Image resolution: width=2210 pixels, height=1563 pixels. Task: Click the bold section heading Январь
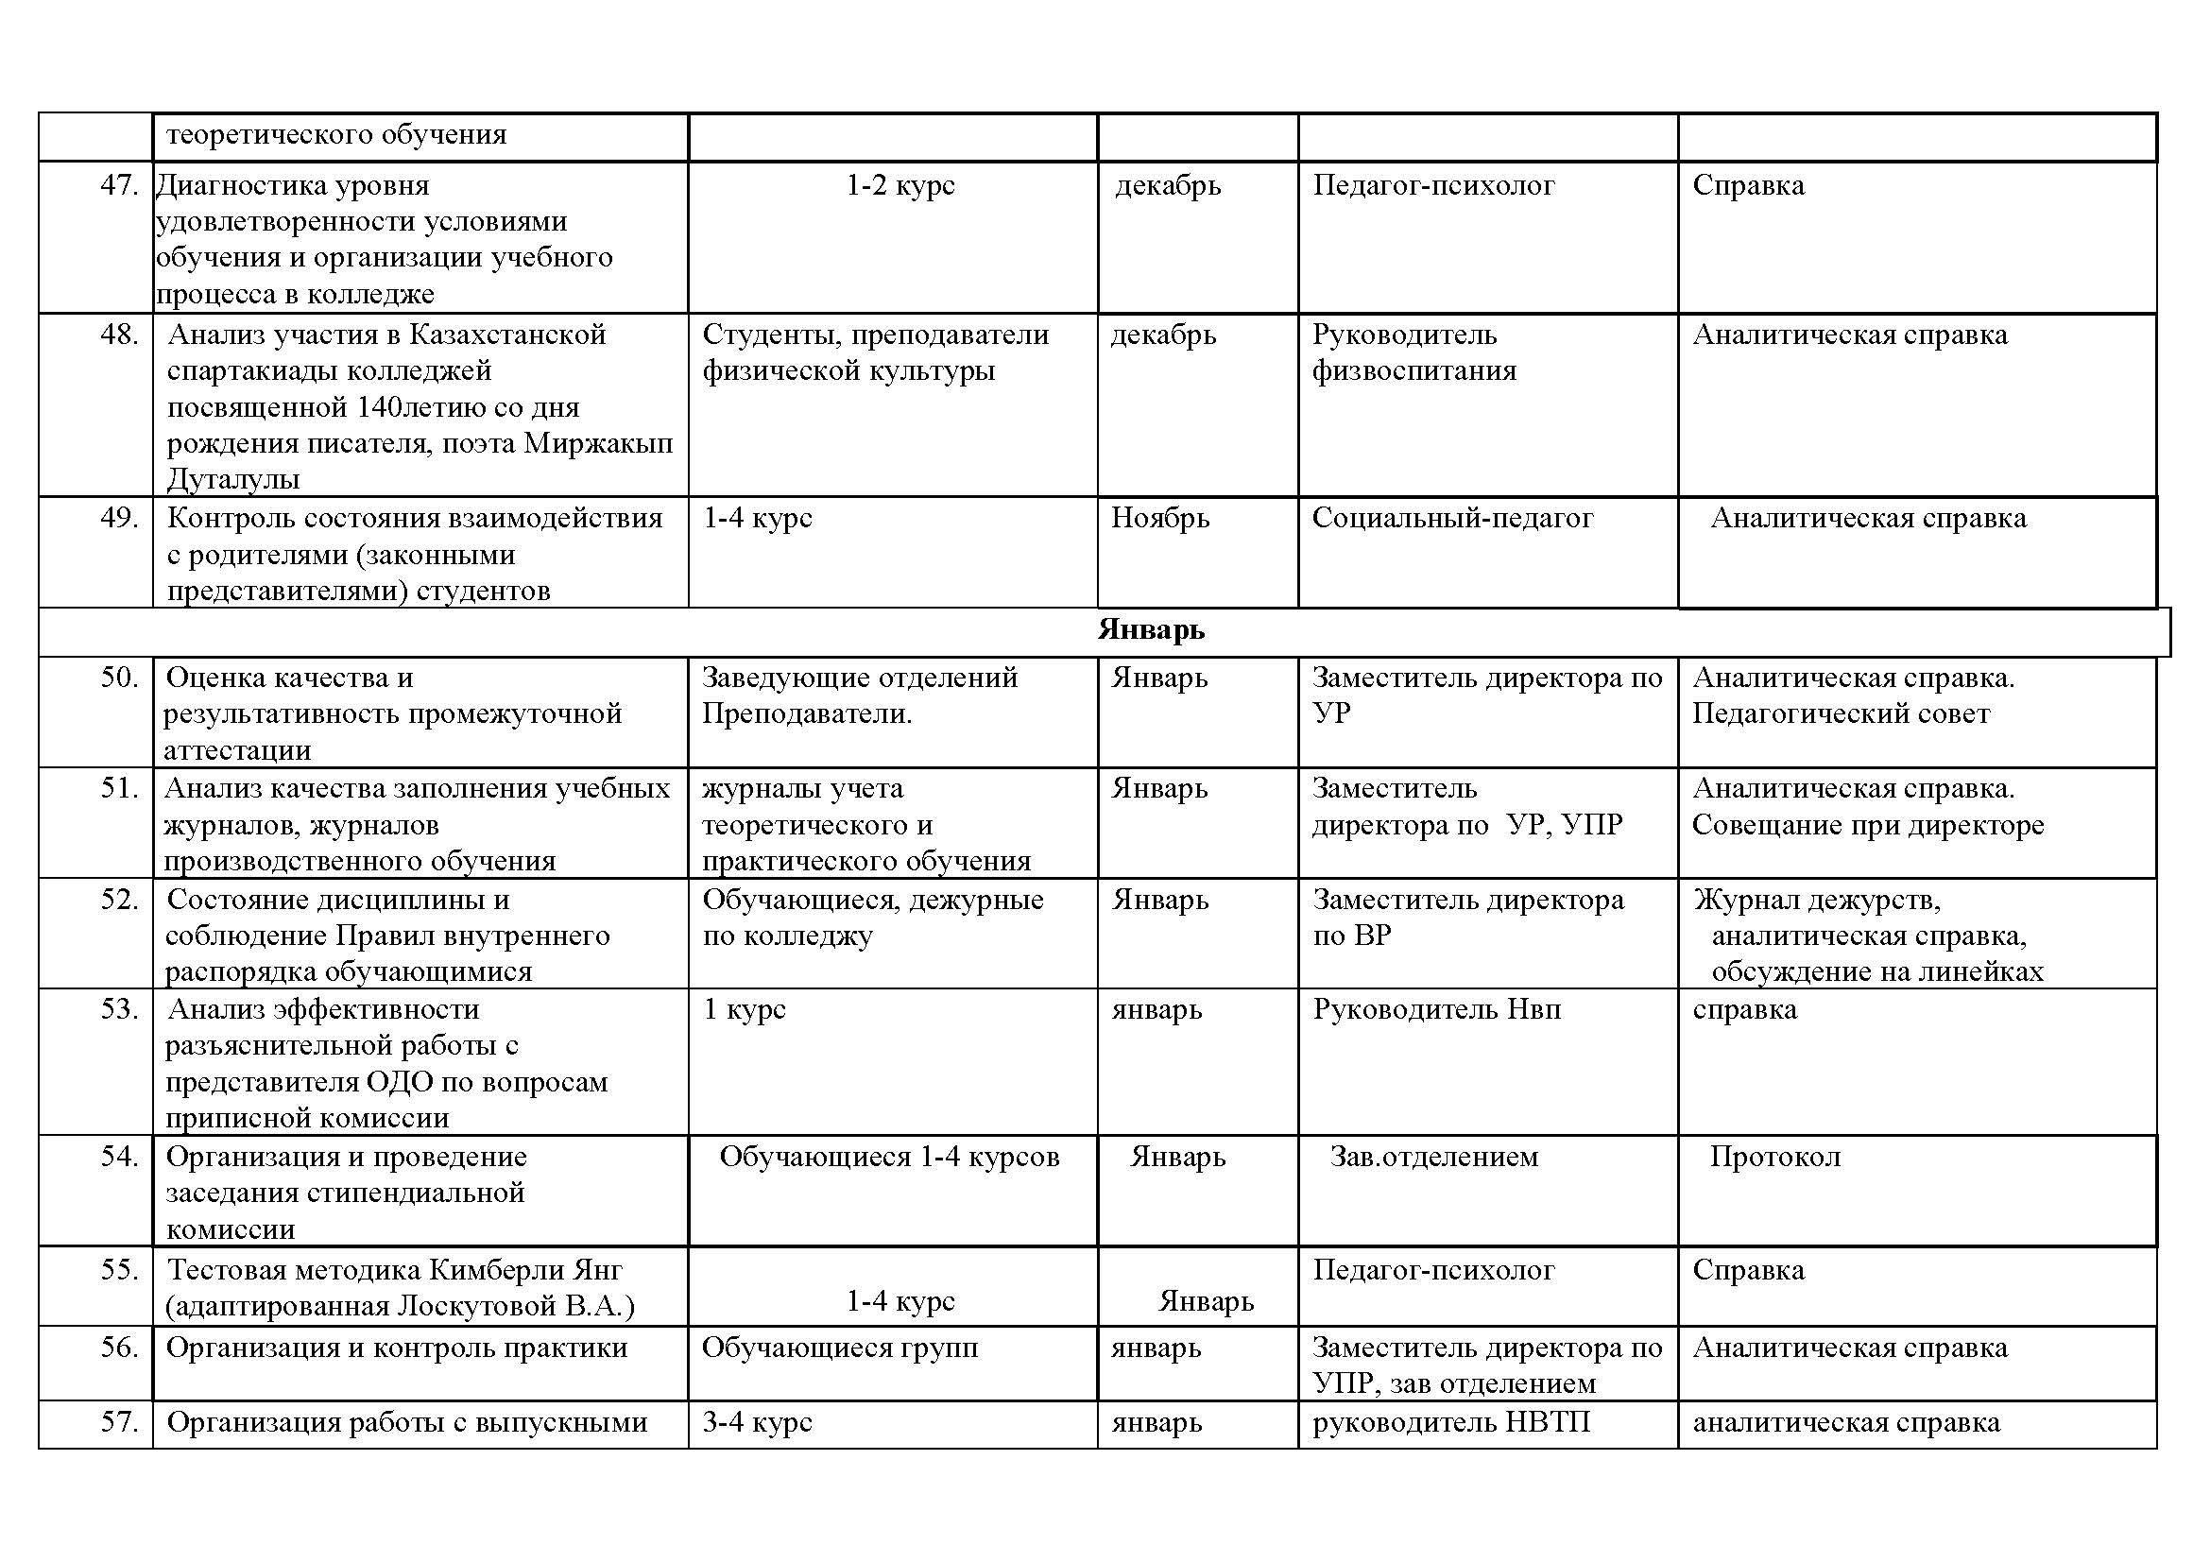pos(1150,630)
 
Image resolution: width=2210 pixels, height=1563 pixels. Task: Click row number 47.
pos(119,185)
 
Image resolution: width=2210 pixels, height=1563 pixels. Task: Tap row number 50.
pos(119,678)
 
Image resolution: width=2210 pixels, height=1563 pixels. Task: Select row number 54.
pos(119,1156)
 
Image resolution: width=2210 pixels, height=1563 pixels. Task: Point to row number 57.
pos(119,1421)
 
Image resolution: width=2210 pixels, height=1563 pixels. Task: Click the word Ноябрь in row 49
pos(1160,519)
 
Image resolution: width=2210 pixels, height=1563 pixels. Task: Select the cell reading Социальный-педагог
pos(1451,519)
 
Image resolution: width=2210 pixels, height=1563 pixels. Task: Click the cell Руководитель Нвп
pos(1436,1009)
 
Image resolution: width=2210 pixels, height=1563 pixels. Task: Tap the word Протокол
pos(1775,1157)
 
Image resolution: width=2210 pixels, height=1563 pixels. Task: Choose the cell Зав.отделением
pos(1433,1157)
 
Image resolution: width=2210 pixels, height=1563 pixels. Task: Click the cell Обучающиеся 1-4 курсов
pos(889,1157)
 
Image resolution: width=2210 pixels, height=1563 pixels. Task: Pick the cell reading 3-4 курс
pos(757,1422)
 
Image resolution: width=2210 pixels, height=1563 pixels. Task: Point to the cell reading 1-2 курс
pos(900,185)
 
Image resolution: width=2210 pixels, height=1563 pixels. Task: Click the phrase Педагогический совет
pos(1841,714)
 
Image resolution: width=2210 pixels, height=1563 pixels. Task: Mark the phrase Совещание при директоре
pos(1867,826)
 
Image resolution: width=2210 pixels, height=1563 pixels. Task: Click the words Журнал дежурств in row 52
pos(1816,900)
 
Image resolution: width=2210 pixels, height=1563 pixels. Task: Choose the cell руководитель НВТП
pos(1450,1422)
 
